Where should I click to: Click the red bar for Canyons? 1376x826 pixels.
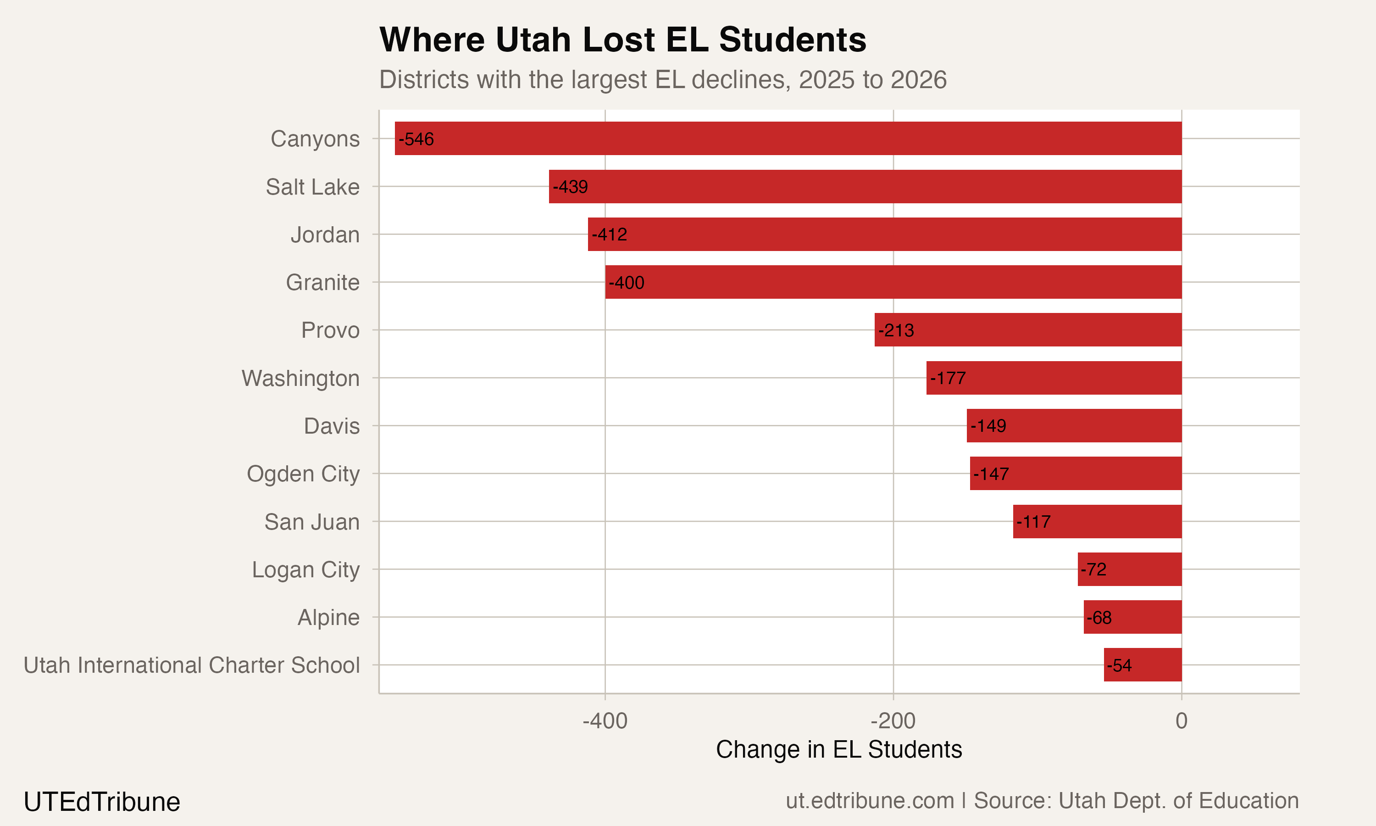[x=788, y=139]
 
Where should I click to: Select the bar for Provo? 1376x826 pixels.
[x=1028, y=330]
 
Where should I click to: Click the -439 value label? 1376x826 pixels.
[x=570, y=187]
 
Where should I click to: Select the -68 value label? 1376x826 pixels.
[x=1099, y=618]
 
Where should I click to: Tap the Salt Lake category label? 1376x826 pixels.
[x=312, y=187]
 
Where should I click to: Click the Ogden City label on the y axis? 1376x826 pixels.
[x=303, y=474]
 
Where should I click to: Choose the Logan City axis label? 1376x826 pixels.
[x=305, y=570]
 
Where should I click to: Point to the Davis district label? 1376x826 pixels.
[x=332, y=426]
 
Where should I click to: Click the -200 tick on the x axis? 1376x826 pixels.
[x=893, y=721]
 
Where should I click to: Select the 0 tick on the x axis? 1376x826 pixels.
[x=1182, y=721]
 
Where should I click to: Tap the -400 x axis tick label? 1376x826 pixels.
[x=605, y=721]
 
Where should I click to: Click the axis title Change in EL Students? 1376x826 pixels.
[x=839, y=749]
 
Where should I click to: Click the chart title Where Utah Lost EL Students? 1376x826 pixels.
[x=622, y=40]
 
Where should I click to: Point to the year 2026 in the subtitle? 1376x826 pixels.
[x=918, y=79]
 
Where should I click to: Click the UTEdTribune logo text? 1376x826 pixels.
[x=102, y=802]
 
